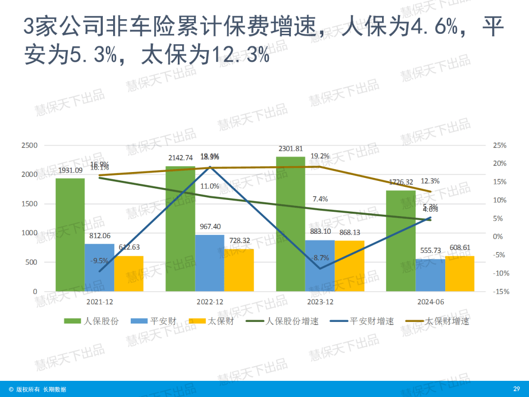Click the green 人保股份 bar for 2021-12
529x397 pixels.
point(70,235)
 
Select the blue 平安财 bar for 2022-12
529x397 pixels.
point(210,263)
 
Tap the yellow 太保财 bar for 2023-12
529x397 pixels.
point(350,266)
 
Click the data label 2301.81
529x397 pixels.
point(290,149)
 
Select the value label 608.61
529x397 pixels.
point(459,248)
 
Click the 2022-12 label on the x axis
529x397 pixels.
point(210,302)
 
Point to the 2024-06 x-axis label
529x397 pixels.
point(430,302)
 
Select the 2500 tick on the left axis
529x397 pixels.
point(29,146)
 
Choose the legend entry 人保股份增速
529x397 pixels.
point(292,322)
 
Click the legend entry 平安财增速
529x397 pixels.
point(371,322)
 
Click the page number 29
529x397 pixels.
point(516,389)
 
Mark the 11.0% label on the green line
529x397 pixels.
point(210,186)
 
